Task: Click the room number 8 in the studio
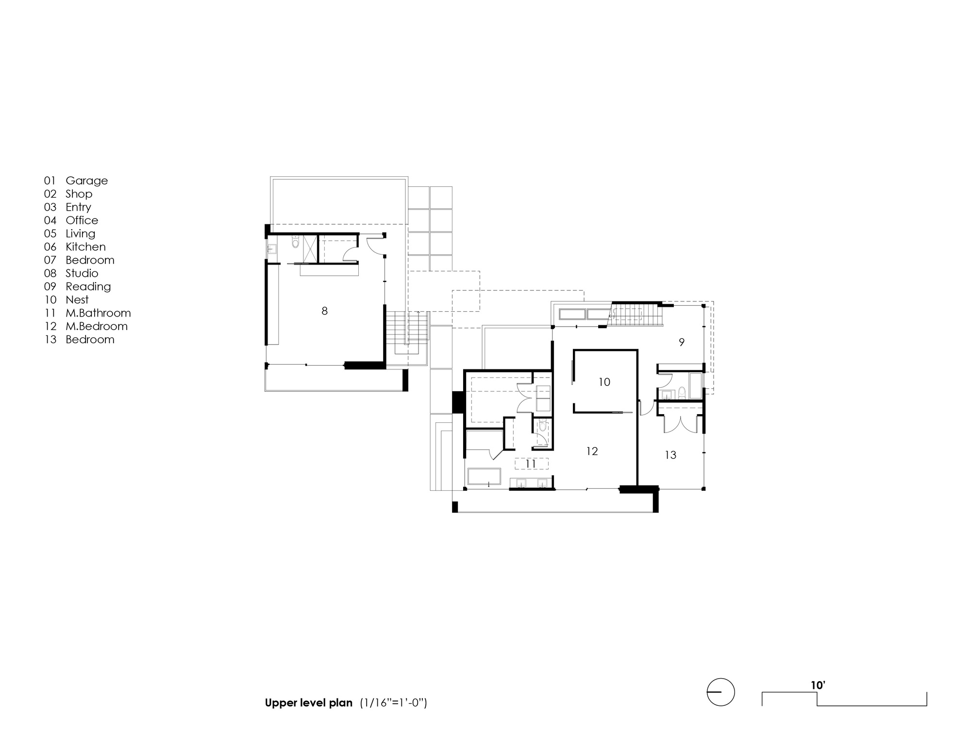(324, 311)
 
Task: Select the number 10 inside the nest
(604, 383)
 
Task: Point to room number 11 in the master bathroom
(531, 464)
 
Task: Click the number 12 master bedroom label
(591, 451)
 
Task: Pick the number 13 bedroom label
(670, 455)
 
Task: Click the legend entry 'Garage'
(86, 181)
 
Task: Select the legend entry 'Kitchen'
(85, 247)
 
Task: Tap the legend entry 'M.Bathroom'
(98, 313)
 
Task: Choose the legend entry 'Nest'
(77, 300)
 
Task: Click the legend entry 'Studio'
(82, 273)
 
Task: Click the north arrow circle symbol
(720, 692)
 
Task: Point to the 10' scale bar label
(818, 685)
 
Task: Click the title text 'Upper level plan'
(308, 703)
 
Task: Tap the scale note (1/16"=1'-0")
(393, 703)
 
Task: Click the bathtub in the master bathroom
(484, 476)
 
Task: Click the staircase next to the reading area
(636, 314)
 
